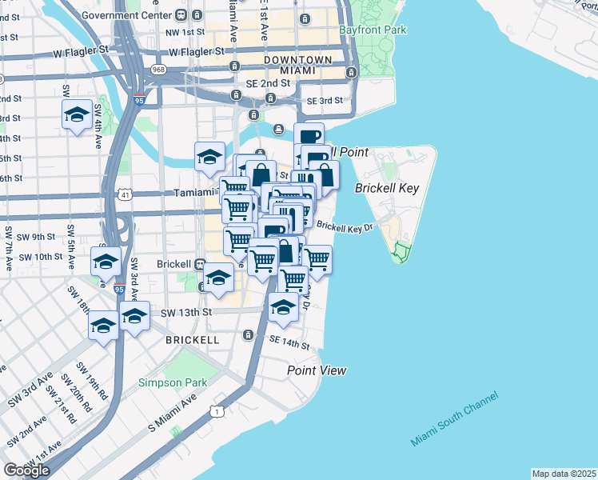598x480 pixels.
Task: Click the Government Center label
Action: tap(127, 15)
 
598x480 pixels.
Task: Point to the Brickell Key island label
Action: tap(386, 188)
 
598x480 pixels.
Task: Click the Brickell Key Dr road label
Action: tap(345, 227)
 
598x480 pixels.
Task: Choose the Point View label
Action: tap(317, 370)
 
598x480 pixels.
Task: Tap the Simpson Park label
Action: tap(172, 382)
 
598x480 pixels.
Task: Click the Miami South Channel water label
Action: tap(454, 419)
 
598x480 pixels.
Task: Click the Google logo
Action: tap(26, 470)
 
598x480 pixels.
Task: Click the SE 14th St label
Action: tap(289, 343)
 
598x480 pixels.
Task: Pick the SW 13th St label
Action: tap(184, 311)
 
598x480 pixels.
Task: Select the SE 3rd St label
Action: tap(324, 101)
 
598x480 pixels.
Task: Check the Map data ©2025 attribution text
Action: tap(564, 474)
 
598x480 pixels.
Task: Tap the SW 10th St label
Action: tap(41, 257)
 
